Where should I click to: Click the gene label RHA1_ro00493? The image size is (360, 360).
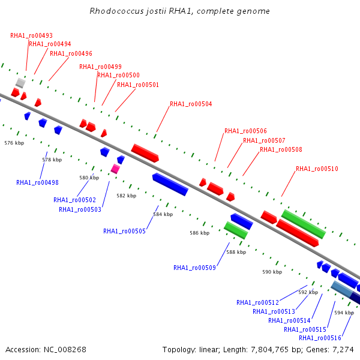pos(31,35)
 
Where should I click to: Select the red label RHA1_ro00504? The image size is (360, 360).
pos(191,104)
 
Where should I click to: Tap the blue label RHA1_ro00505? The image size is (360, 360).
pos(124,231)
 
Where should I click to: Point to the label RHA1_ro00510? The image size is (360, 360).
pos(317,169)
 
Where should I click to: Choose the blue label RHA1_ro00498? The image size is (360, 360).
pos(37,182)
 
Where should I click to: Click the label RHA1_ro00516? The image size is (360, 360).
pos(320,338)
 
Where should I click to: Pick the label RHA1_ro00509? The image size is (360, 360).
pos(194,268)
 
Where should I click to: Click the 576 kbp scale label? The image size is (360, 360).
pos(14,143)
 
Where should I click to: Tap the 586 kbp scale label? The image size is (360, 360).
pos(200,233)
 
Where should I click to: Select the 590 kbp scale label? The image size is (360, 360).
pos(272,272)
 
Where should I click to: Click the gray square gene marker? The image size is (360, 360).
pos(20,83)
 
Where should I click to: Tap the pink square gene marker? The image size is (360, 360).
pos(115,169)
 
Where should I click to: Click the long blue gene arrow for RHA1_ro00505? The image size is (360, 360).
pos(170,184)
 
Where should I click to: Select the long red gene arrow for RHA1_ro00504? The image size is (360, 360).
pos(145,153)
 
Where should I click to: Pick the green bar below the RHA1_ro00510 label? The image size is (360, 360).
pos(304,224)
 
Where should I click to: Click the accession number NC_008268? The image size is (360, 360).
pos(65,350)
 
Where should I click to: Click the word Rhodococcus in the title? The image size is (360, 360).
pos(116,11)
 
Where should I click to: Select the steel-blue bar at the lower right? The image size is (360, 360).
pos(341,289)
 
